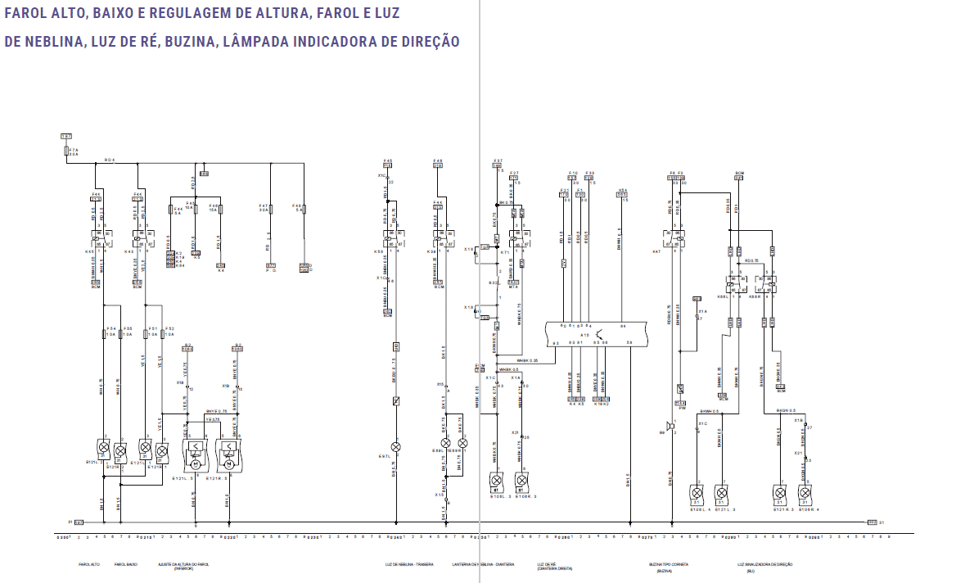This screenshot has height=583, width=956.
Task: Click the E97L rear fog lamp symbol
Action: pyautogui.click(x=396, y=446)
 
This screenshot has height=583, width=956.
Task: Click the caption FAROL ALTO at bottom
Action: pyautogui.click(x=89, y=564)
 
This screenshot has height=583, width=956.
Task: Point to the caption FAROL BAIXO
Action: pyautogui.click(x=126, y=564)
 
